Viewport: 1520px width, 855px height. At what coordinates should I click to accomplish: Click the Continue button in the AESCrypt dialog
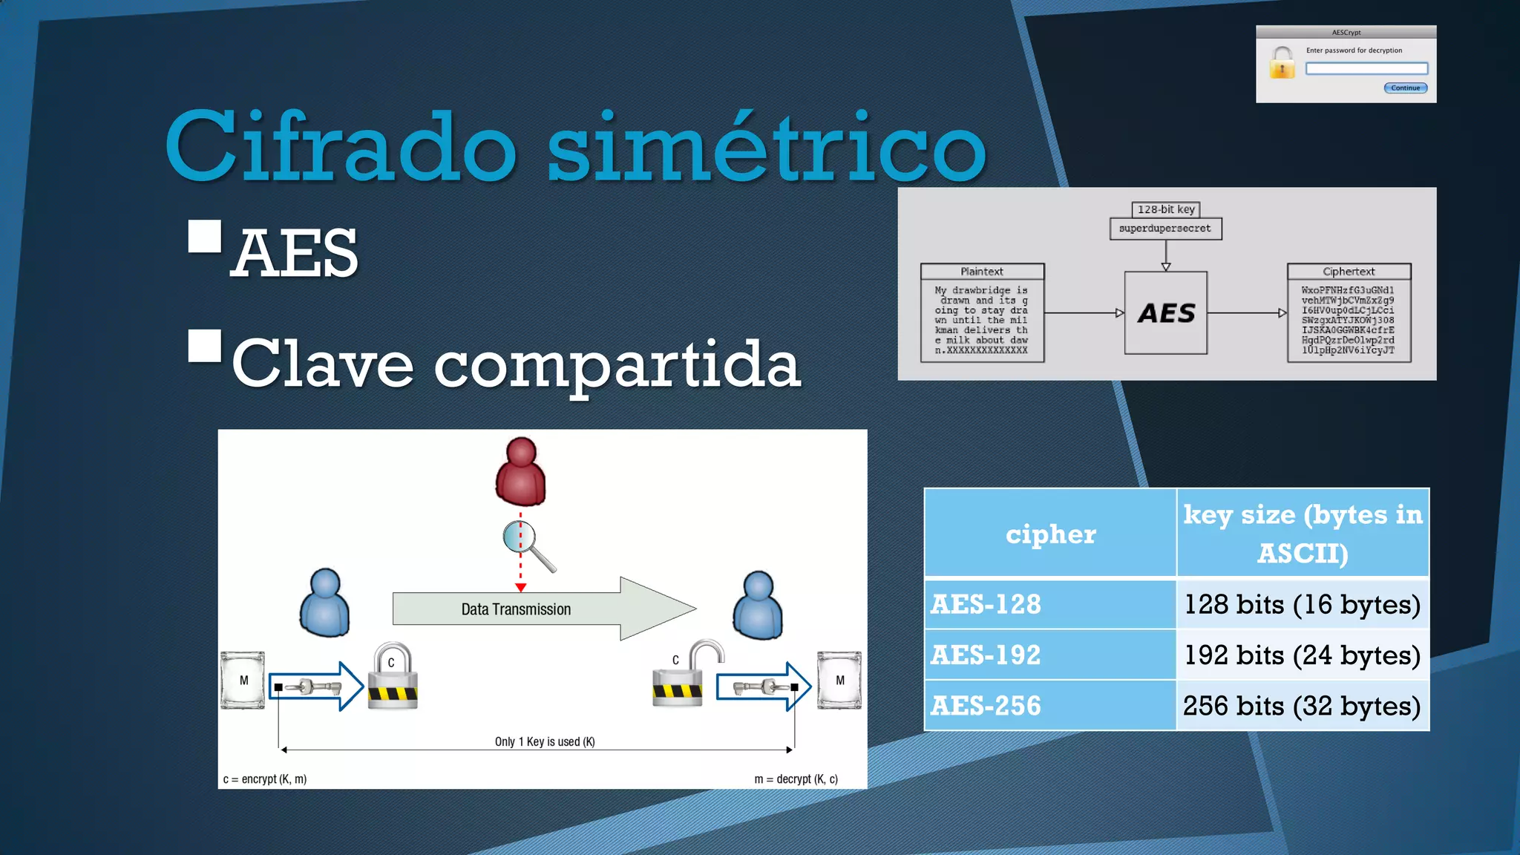pos(1405,88)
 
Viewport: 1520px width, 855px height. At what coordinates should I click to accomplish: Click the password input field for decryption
pos(1366,68)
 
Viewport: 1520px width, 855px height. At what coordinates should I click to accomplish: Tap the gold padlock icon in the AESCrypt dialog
pos(1282,63)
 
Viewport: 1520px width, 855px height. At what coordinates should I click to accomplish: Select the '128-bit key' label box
pos(1166,209)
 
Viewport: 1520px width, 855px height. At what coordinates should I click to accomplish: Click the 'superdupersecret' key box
pos(1165,229)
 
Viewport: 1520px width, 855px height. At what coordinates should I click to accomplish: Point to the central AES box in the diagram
pos(1166,313)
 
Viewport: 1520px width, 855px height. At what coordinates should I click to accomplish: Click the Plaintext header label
pos(982,272)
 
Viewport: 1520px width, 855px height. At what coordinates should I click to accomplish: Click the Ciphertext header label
pos(1349,272)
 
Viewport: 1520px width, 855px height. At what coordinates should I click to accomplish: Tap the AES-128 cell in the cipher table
pos(1049,604)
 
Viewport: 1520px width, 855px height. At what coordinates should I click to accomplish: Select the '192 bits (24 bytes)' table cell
pos(1302,655)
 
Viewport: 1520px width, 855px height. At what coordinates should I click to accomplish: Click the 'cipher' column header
pos(1050,534)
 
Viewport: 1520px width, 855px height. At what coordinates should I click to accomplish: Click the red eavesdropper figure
pos(520,472)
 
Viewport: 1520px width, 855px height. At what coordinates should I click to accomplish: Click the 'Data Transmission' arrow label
pos(517,609)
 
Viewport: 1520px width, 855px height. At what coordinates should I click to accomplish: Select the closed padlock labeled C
pos(393,677)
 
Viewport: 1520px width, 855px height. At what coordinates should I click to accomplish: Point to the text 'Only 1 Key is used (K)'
pos(545,741)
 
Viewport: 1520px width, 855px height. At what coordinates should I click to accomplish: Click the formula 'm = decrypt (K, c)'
pos(796,779)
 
